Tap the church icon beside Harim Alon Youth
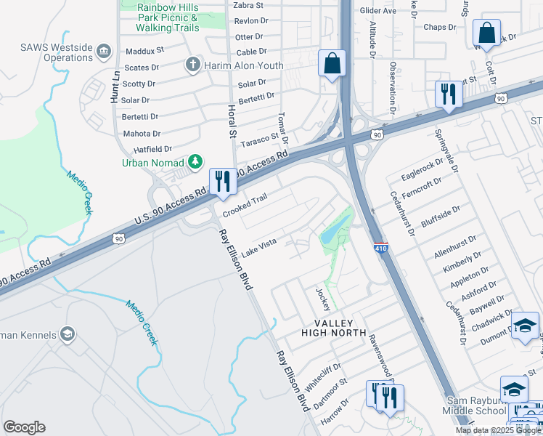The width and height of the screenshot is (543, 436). (193, 65)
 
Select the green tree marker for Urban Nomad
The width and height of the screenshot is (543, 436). (195, 161)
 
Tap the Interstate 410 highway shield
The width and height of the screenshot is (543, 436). (381, 248)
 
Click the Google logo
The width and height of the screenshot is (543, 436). (24, 427)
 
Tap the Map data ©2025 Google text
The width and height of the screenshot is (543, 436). (498, 430)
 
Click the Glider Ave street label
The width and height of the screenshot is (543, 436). (379, 11)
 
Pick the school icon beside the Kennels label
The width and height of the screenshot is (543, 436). (68, 334)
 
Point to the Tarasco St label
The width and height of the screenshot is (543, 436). (260, 138)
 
